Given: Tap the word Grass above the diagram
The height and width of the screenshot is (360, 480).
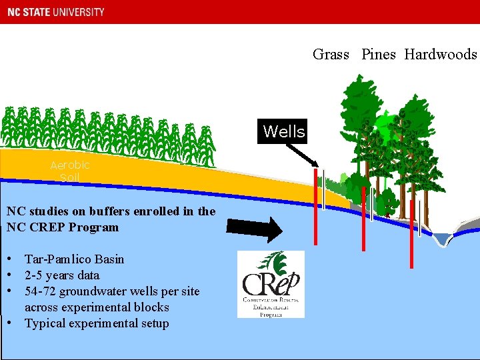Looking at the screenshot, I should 331,55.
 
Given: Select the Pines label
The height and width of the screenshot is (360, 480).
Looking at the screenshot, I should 379,55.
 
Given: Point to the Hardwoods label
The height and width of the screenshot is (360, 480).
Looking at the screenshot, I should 441,55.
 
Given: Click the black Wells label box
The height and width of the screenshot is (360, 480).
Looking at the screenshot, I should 284,131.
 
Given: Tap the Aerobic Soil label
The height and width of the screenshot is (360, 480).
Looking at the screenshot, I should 69,171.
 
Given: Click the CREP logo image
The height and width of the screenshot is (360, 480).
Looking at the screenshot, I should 271,284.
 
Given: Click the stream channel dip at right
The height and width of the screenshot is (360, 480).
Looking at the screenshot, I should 441,239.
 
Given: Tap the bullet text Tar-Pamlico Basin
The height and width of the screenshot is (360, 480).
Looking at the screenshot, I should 74,259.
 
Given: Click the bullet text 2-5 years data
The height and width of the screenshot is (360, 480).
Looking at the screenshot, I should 62,275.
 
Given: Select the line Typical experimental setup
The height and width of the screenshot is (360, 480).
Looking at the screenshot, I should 97,323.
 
